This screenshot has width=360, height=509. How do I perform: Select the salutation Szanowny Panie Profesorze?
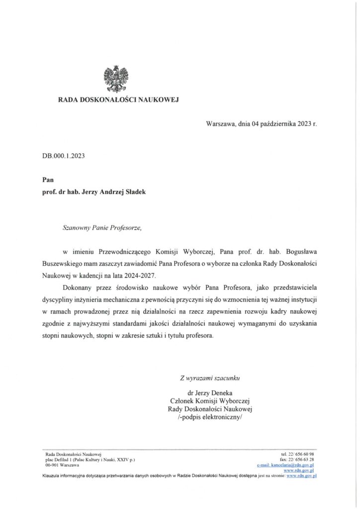click(102, 229)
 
